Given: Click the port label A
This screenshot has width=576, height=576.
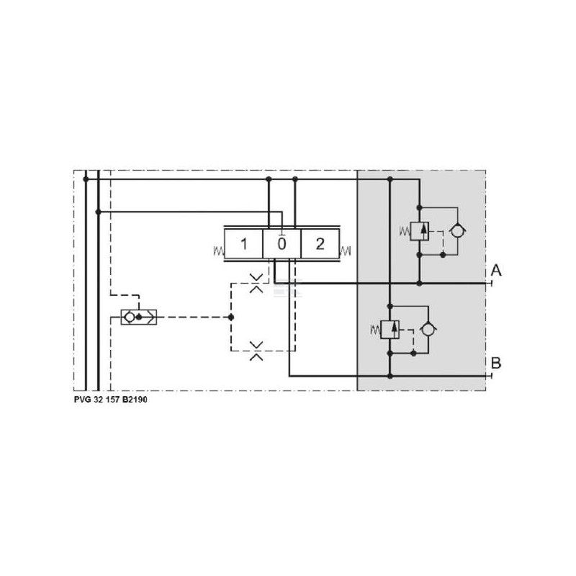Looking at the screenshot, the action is tap(496, 271).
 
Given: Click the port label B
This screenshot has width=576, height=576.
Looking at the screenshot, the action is tap(496, 363).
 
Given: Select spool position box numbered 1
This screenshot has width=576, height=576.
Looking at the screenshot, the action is tap(243, 244).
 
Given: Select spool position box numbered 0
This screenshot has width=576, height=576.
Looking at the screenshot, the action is tap(282, 244).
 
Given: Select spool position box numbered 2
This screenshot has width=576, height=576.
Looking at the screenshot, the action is tap(320, 244).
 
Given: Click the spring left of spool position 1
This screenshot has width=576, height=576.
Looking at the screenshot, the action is tap(219, 251).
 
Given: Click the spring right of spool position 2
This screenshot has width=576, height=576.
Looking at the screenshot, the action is tap(346, 251).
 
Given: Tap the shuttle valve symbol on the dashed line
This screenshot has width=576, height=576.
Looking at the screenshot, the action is tap(139, 317).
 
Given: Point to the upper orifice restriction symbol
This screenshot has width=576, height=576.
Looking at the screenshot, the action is tap(256, 283).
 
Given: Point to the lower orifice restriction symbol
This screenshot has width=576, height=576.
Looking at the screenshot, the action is tap(256, 351).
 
